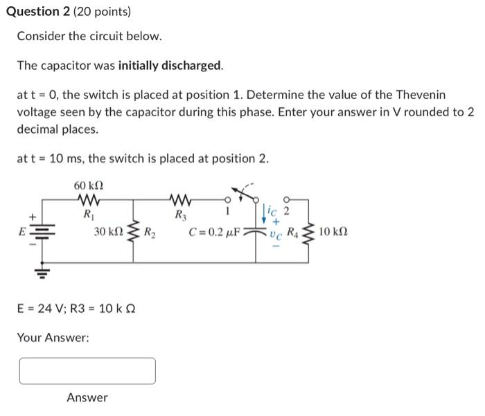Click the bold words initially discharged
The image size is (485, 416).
[170, 66]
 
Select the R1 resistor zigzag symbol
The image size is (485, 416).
[89, 201]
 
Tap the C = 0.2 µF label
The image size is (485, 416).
[214, 232]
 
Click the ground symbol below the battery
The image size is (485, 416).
[40, 271]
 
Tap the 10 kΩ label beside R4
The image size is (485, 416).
[335, 232]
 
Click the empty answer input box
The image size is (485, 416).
[87, 371]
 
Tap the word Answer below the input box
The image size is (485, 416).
[87, 397]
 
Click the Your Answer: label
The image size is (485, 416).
[53, 338]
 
